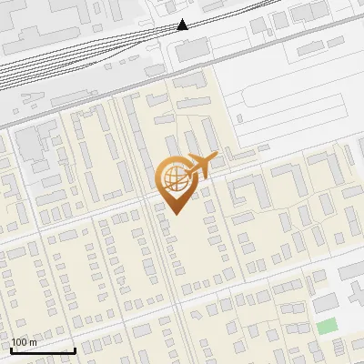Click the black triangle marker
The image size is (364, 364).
[183, 25]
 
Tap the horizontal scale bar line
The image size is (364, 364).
[43, 350]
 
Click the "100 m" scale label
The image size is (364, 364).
[24, 342]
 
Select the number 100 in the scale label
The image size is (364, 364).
[20, 342]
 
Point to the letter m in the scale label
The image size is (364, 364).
[33, 342]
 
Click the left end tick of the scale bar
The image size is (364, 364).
[11, 349]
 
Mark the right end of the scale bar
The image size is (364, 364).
[75, 349]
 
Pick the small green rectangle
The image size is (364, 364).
[327, 325]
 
